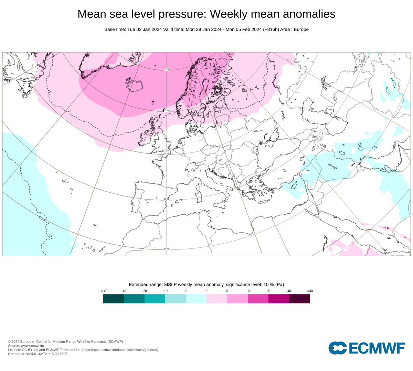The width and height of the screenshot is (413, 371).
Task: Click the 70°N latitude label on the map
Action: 166,69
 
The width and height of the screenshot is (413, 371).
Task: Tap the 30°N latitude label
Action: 166,249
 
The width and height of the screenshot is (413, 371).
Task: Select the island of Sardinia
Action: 199,198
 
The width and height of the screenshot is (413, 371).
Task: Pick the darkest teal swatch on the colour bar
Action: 114,299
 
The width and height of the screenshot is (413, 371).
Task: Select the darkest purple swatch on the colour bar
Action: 299,299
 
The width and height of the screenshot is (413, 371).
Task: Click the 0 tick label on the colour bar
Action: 206,291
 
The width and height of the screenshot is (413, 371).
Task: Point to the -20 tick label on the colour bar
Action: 145,291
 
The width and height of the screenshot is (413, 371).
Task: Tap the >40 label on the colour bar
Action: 310,291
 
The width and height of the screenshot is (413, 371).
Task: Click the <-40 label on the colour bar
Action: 104,291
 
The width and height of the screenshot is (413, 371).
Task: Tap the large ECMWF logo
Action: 367,348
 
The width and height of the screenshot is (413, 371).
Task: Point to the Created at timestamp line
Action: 38,354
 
